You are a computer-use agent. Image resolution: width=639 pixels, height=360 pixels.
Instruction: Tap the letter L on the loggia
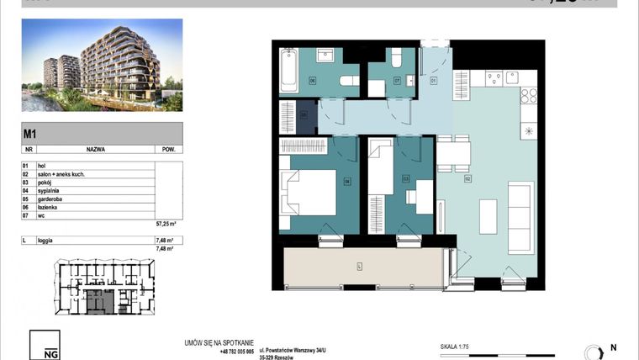click(x=359, y=267)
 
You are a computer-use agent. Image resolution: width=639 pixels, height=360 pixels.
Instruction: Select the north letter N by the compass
click(x=613, y=347)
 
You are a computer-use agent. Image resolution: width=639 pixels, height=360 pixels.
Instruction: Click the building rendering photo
click(x=101, y=66)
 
